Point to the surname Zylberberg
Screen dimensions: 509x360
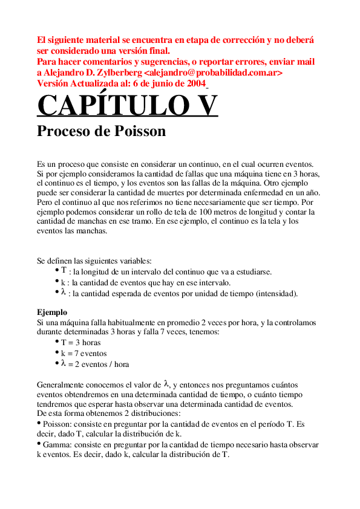(x=119, y=73)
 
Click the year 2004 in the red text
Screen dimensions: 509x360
(x=194, y=83)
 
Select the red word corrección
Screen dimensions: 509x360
(x=235, y=41)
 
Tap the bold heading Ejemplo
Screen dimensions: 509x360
(x=52, y=313)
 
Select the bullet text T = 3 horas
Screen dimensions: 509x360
(x=80, y=342)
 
